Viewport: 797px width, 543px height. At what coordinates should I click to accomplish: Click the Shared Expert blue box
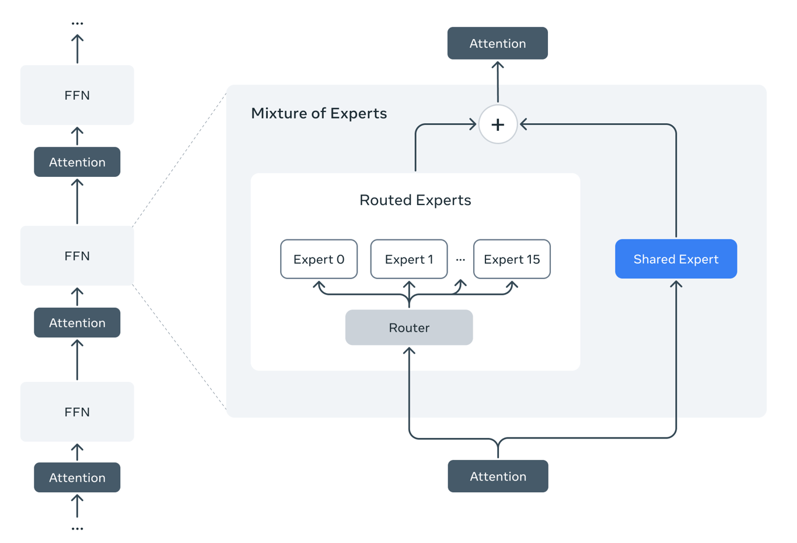click(x=676, y=259)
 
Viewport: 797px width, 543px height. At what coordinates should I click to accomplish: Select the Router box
click(x=408, y=328)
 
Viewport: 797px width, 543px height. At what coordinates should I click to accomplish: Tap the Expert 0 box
click(x=319, y=259)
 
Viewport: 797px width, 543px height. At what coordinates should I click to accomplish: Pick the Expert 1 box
click(x=408, y=259)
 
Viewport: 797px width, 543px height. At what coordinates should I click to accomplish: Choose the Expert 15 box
click(x=512, y=259)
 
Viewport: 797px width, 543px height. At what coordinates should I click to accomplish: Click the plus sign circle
click(x=498, y=124)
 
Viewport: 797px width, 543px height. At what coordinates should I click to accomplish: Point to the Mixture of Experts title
click(x=319, y=113)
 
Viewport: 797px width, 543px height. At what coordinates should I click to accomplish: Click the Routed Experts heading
click(x=415, y=200)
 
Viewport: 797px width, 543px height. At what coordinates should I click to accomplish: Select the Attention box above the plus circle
click(x=497, y=43)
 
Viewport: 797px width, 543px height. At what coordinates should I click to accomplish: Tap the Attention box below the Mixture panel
click(x=498, y=476)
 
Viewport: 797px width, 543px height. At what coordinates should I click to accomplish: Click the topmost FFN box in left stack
click(x=77, y=95)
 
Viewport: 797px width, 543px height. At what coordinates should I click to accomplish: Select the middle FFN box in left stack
click(x=77, y=256)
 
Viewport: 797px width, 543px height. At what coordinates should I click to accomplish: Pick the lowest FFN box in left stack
click(x=77, y=412)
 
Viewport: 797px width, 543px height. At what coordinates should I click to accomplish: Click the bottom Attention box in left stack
click(x=77, y=478)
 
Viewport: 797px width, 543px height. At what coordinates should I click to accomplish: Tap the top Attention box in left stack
click(x=77, y=162)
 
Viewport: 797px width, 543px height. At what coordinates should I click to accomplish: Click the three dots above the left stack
click(x=77, y=23)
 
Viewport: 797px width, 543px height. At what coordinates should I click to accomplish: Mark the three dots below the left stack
click(x=77, y=528)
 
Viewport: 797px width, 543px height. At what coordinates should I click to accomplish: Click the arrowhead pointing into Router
click(x=409, y=350)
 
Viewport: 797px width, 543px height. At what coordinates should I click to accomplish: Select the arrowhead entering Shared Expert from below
click(x=676, y=284)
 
